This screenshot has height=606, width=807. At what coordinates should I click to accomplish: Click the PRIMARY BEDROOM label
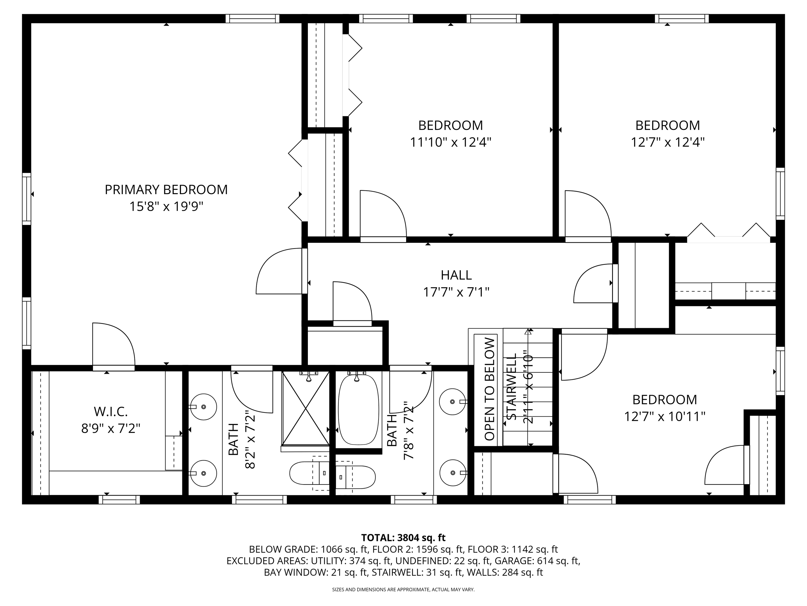coord(166,190)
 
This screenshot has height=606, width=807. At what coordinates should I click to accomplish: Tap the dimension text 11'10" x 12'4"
coord(451,142)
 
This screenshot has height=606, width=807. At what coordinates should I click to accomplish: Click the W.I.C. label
coord(111,412)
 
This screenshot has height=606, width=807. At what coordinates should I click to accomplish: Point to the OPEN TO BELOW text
coord(490,389)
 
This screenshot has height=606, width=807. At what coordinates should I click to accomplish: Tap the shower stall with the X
coord(306,408)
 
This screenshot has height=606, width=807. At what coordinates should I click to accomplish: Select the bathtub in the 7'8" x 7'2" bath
coord(358,409)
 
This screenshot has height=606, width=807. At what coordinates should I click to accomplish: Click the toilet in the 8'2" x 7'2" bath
coord(307,473)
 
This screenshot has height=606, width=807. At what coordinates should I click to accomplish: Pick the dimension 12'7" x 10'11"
coord(665,416)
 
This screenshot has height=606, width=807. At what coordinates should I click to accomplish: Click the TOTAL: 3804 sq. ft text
coord(403,538)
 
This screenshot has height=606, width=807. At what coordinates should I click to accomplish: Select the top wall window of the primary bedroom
coord(252,19)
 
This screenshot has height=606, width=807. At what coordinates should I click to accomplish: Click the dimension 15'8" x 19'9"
coord(166,207)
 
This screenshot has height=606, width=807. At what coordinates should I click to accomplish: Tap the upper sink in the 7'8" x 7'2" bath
coord(452,402)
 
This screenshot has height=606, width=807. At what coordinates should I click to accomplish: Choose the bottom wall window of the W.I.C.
coord(119,500)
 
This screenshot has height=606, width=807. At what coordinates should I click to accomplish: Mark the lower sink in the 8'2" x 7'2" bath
coord(204,473)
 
